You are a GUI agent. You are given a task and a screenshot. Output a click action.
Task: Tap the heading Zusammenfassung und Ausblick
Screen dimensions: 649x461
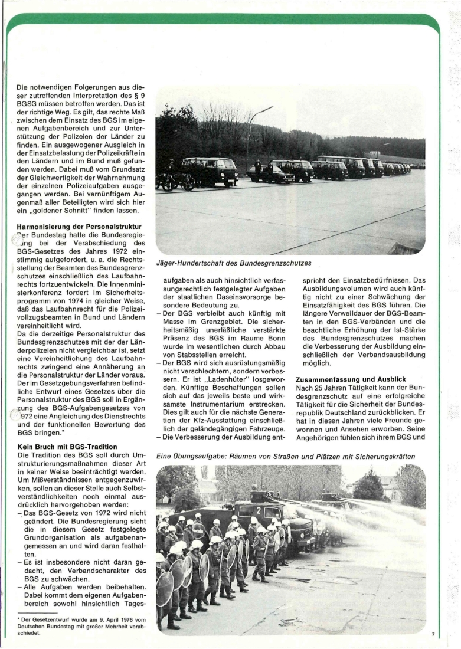355,381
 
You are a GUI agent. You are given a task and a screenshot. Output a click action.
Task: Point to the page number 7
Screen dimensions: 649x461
433,634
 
